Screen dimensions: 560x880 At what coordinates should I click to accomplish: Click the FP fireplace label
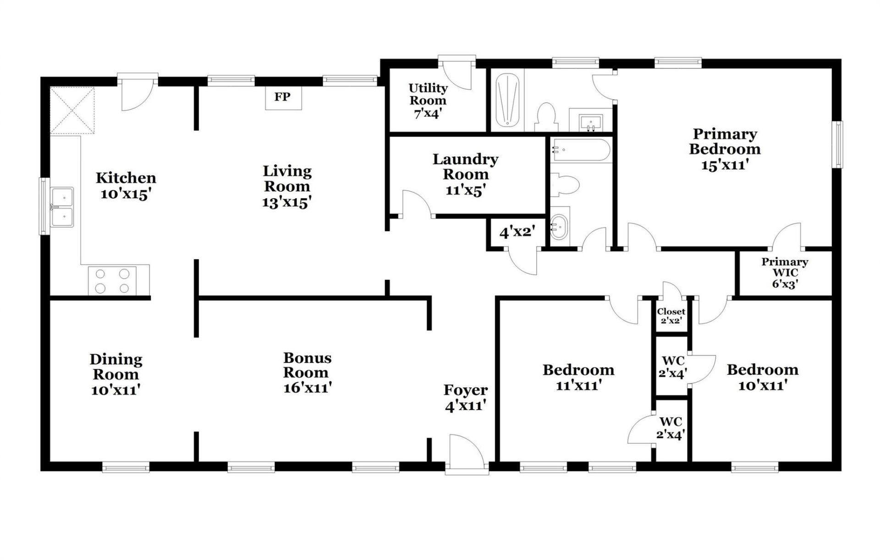coord(282,97)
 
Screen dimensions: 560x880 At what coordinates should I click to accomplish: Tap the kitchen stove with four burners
coord(112,280)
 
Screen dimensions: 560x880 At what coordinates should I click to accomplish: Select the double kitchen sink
coord(62,207)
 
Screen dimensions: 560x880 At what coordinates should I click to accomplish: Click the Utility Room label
coord(428,94)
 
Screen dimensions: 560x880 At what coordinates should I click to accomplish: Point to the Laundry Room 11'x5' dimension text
coord(465,191)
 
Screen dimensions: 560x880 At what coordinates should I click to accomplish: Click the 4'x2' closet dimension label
coord(517,232)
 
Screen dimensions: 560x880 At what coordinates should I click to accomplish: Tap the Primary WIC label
coord(785,267)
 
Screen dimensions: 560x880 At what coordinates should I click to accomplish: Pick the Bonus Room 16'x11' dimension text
coord(307,388)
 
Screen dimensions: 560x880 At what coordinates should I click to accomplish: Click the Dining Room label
coord(116,367)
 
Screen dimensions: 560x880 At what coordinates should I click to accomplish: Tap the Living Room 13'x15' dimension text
coord(287,202)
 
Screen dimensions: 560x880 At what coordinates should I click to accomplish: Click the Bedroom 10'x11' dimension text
coord(763,385)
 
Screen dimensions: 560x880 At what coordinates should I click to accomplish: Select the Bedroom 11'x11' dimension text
coord(578,385)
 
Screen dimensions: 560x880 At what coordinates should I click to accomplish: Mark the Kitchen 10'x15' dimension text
coord(126,194)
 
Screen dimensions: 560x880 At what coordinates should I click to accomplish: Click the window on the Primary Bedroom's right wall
coord(837,144)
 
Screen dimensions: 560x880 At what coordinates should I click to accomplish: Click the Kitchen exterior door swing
coord(137,95)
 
